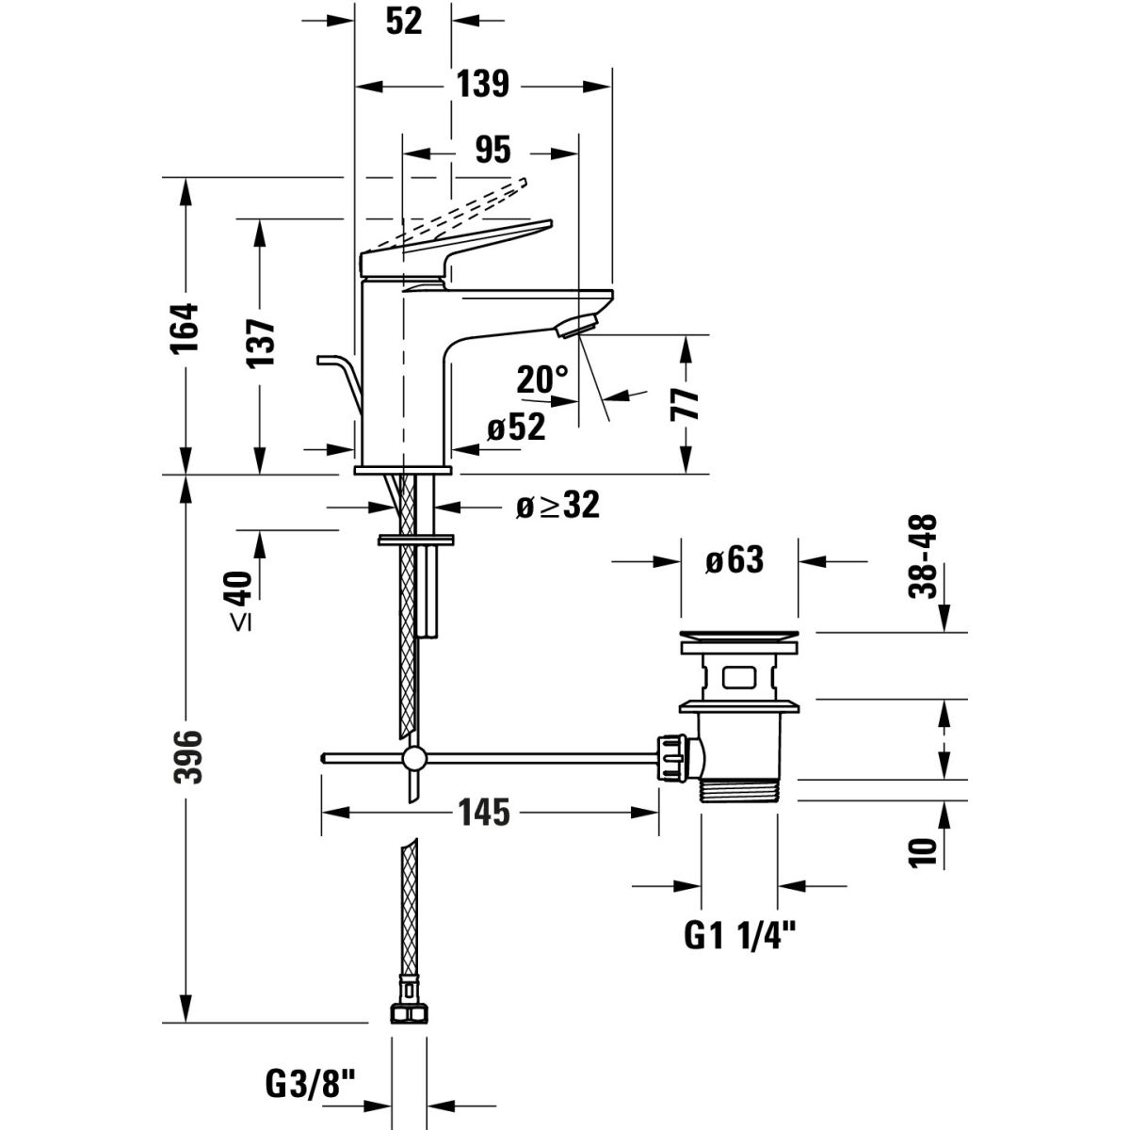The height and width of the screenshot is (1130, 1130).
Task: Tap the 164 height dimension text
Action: click(186, 326)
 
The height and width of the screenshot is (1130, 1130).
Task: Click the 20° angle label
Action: click(542, 379)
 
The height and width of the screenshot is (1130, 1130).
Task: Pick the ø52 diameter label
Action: click(516, 428)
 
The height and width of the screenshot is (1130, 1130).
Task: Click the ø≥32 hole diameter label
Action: click(557, 506)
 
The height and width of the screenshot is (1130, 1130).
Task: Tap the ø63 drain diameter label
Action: click(734, 561)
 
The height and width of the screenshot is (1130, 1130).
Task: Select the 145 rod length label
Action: click(484, 811)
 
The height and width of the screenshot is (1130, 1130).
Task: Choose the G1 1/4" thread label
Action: click(739, 935)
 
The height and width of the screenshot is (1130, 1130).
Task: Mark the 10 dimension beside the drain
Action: click(925, 849)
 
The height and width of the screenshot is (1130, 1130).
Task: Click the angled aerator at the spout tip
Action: click(576, 326)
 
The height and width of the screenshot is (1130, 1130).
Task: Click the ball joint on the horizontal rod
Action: click(412, 759)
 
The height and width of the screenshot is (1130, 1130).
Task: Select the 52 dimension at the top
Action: click(404, 21)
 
